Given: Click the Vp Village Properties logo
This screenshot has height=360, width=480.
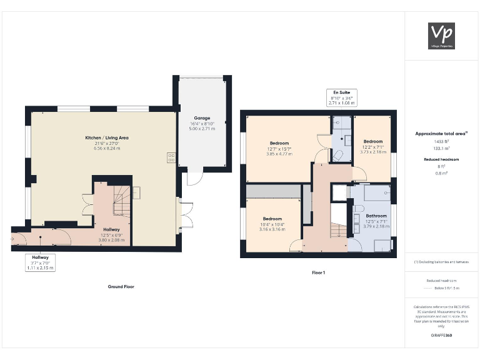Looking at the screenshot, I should click(441, 36).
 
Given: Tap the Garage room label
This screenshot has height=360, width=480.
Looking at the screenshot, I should click(202, 118).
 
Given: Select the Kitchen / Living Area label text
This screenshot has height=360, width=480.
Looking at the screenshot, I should click(107, 137).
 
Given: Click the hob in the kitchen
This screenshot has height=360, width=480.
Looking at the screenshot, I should click(171, 157).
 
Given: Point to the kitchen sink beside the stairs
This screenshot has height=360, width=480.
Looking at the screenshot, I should click(136, 193).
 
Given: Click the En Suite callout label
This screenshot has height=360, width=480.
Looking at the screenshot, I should click(342, 98).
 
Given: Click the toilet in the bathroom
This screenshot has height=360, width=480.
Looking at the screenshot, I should click(357, 208).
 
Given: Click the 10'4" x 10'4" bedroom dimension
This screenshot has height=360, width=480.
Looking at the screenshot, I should click(272, 224).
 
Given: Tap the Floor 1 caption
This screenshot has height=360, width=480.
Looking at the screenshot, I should click(318, 272).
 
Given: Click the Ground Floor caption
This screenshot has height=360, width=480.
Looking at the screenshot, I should click(121, 286).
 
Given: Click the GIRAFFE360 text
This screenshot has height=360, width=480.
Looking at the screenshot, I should click(441, 336).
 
